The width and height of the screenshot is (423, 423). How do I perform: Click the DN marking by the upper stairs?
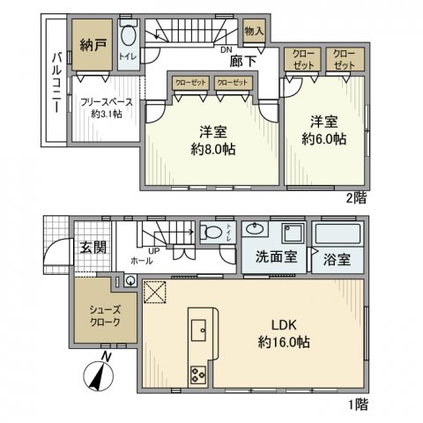(226, 50)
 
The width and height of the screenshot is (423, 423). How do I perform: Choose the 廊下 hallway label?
(242, 63)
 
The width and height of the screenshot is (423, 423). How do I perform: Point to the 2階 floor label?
(357, 199)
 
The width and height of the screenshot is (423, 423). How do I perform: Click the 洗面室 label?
(275, 261)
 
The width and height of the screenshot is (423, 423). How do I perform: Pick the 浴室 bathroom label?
(337, 262)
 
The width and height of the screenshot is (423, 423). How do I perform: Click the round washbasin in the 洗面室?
(258, 229)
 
